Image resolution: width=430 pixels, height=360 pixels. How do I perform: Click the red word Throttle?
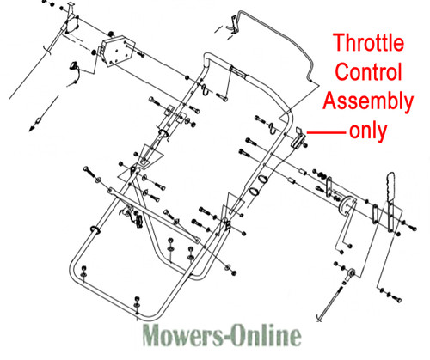pos(369,42)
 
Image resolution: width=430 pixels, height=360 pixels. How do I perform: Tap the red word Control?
pos(368,71)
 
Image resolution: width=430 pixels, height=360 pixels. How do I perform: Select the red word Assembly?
pos(368,102)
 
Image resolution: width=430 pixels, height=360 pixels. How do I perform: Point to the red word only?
pos(368,131)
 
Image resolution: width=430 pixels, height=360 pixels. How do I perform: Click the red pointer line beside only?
pos(326,132)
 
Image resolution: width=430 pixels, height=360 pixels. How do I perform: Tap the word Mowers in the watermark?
pos(181,335)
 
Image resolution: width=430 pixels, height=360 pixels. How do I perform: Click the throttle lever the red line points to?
pos(298,137)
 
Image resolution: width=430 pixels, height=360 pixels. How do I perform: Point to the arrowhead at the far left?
pos(32,129)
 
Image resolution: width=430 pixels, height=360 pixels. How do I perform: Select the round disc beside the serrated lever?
pos(347,206)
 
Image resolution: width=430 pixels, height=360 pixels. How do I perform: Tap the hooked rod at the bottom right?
pos(329,302)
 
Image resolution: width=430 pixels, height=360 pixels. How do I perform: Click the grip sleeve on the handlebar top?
pos(238,72)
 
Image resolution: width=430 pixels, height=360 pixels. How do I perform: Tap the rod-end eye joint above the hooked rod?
pos(350,274)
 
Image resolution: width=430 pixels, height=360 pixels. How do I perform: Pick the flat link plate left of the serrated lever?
pos(375,214)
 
